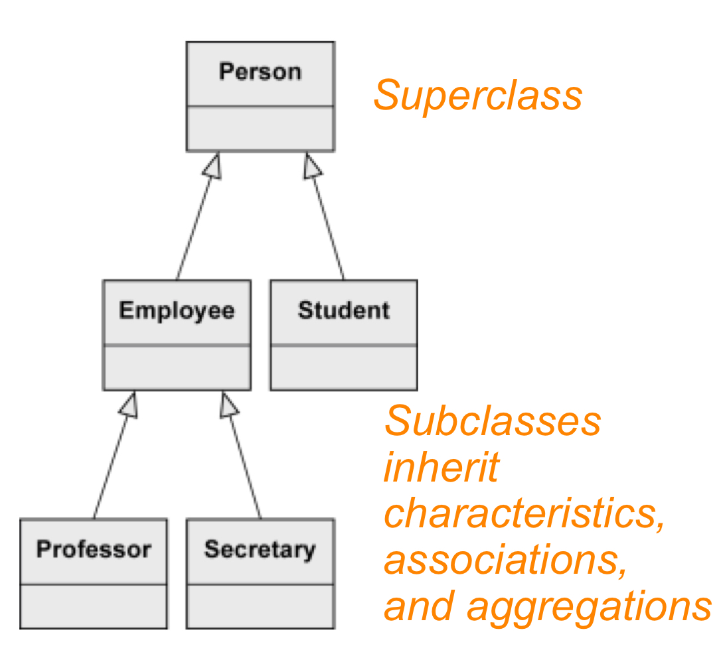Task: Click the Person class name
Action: [260, 72]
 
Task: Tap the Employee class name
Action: [177, 310]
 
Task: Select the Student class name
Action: [343, 310]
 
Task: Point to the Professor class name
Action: [94, 549]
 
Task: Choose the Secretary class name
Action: [260, 549]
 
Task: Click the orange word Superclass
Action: [477, 96]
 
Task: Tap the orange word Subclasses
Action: [493, 421]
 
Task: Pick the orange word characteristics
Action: [524, 514]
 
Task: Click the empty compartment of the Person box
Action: [260, 128]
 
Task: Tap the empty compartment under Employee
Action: [177, 367]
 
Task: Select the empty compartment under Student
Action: [343, 367]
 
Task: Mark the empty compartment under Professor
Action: [94, 606]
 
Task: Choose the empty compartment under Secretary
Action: [260, 606]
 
